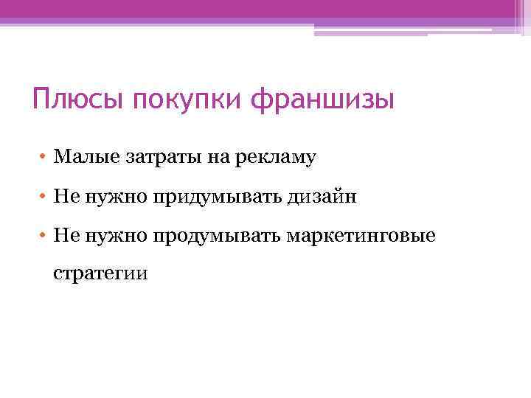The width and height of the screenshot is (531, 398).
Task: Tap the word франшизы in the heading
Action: point(323,99)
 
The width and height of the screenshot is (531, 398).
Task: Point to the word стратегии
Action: point(100,275)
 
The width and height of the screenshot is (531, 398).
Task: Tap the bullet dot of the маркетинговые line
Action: point(44,236)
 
